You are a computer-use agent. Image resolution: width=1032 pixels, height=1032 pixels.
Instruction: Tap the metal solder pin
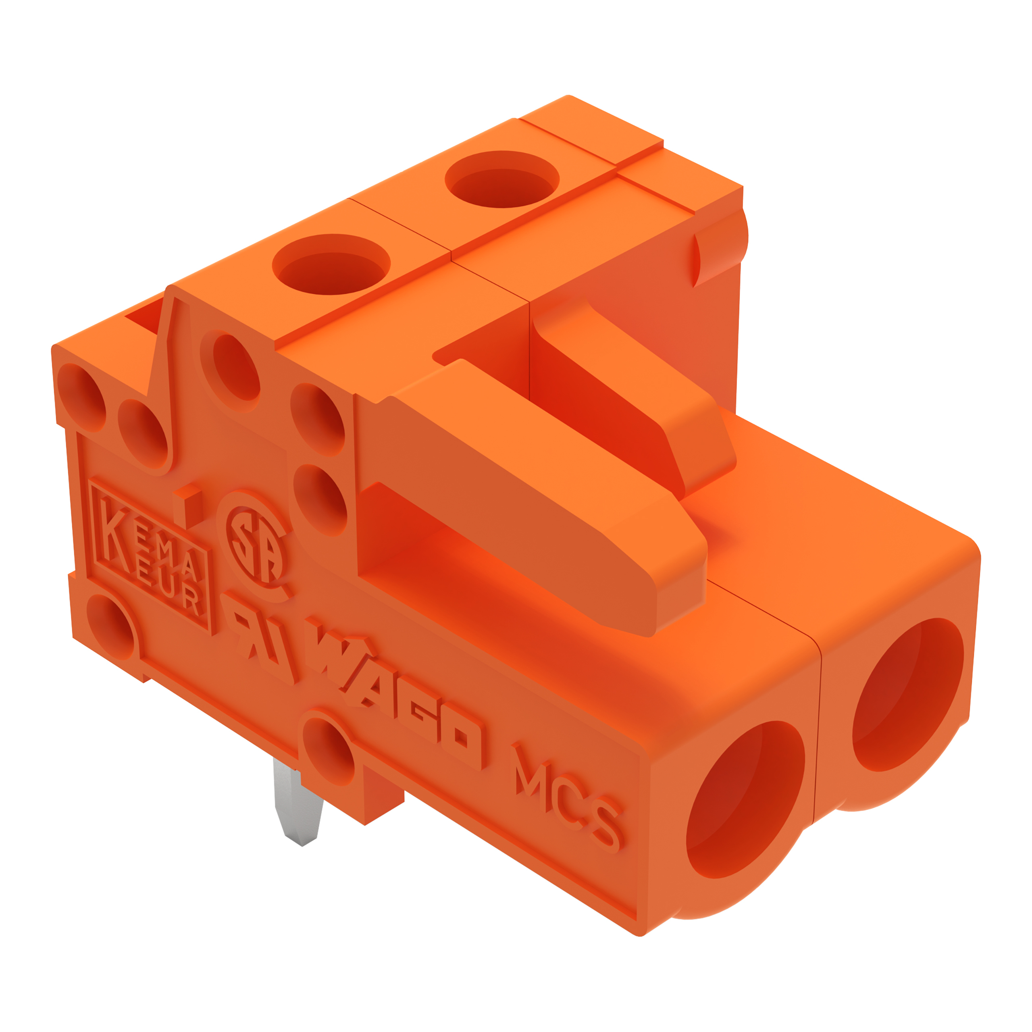(x=297, y=801)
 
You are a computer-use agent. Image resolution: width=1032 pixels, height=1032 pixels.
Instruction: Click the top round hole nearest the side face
(x=331, y=264)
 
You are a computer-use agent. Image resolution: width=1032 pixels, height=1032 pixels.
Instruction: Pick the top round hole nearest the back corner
(x=502, y=179)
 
